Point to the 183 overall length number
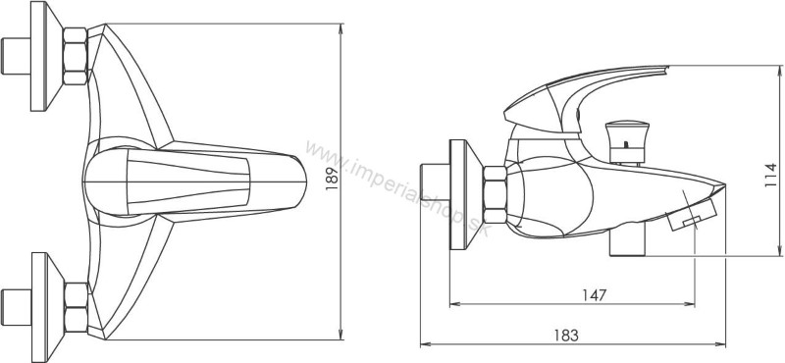point(564,334)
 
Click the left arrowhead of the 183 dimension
point(424,344)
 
